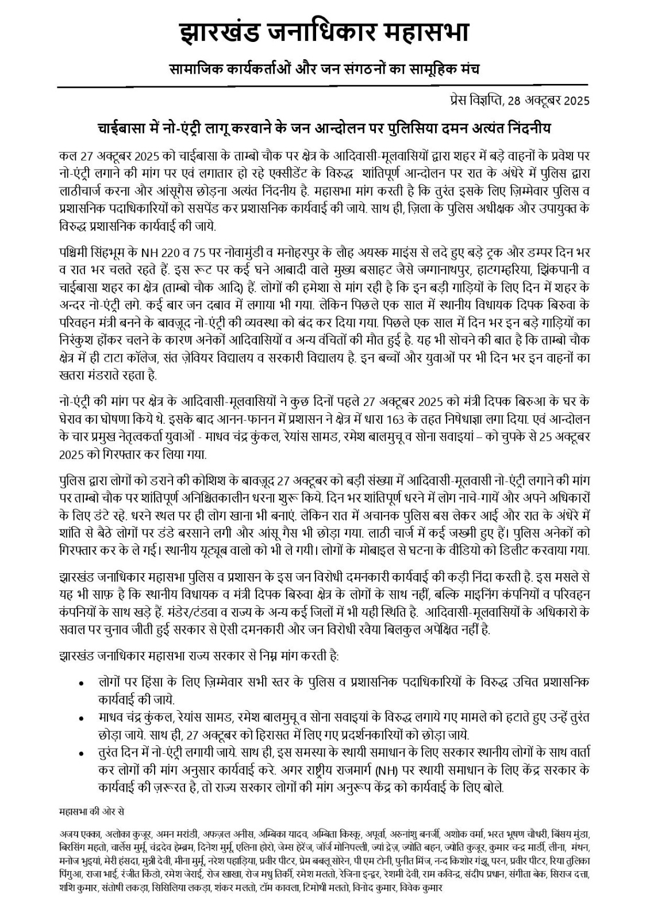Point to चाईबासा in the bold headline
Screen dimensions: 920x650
pos(126,126)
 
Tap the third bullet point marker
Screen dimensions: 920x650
pos(82,753)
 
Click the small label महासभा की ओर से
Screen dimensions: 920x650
pos(91,812)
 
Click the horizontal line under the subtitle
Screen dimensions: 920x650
pos(325,86)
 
